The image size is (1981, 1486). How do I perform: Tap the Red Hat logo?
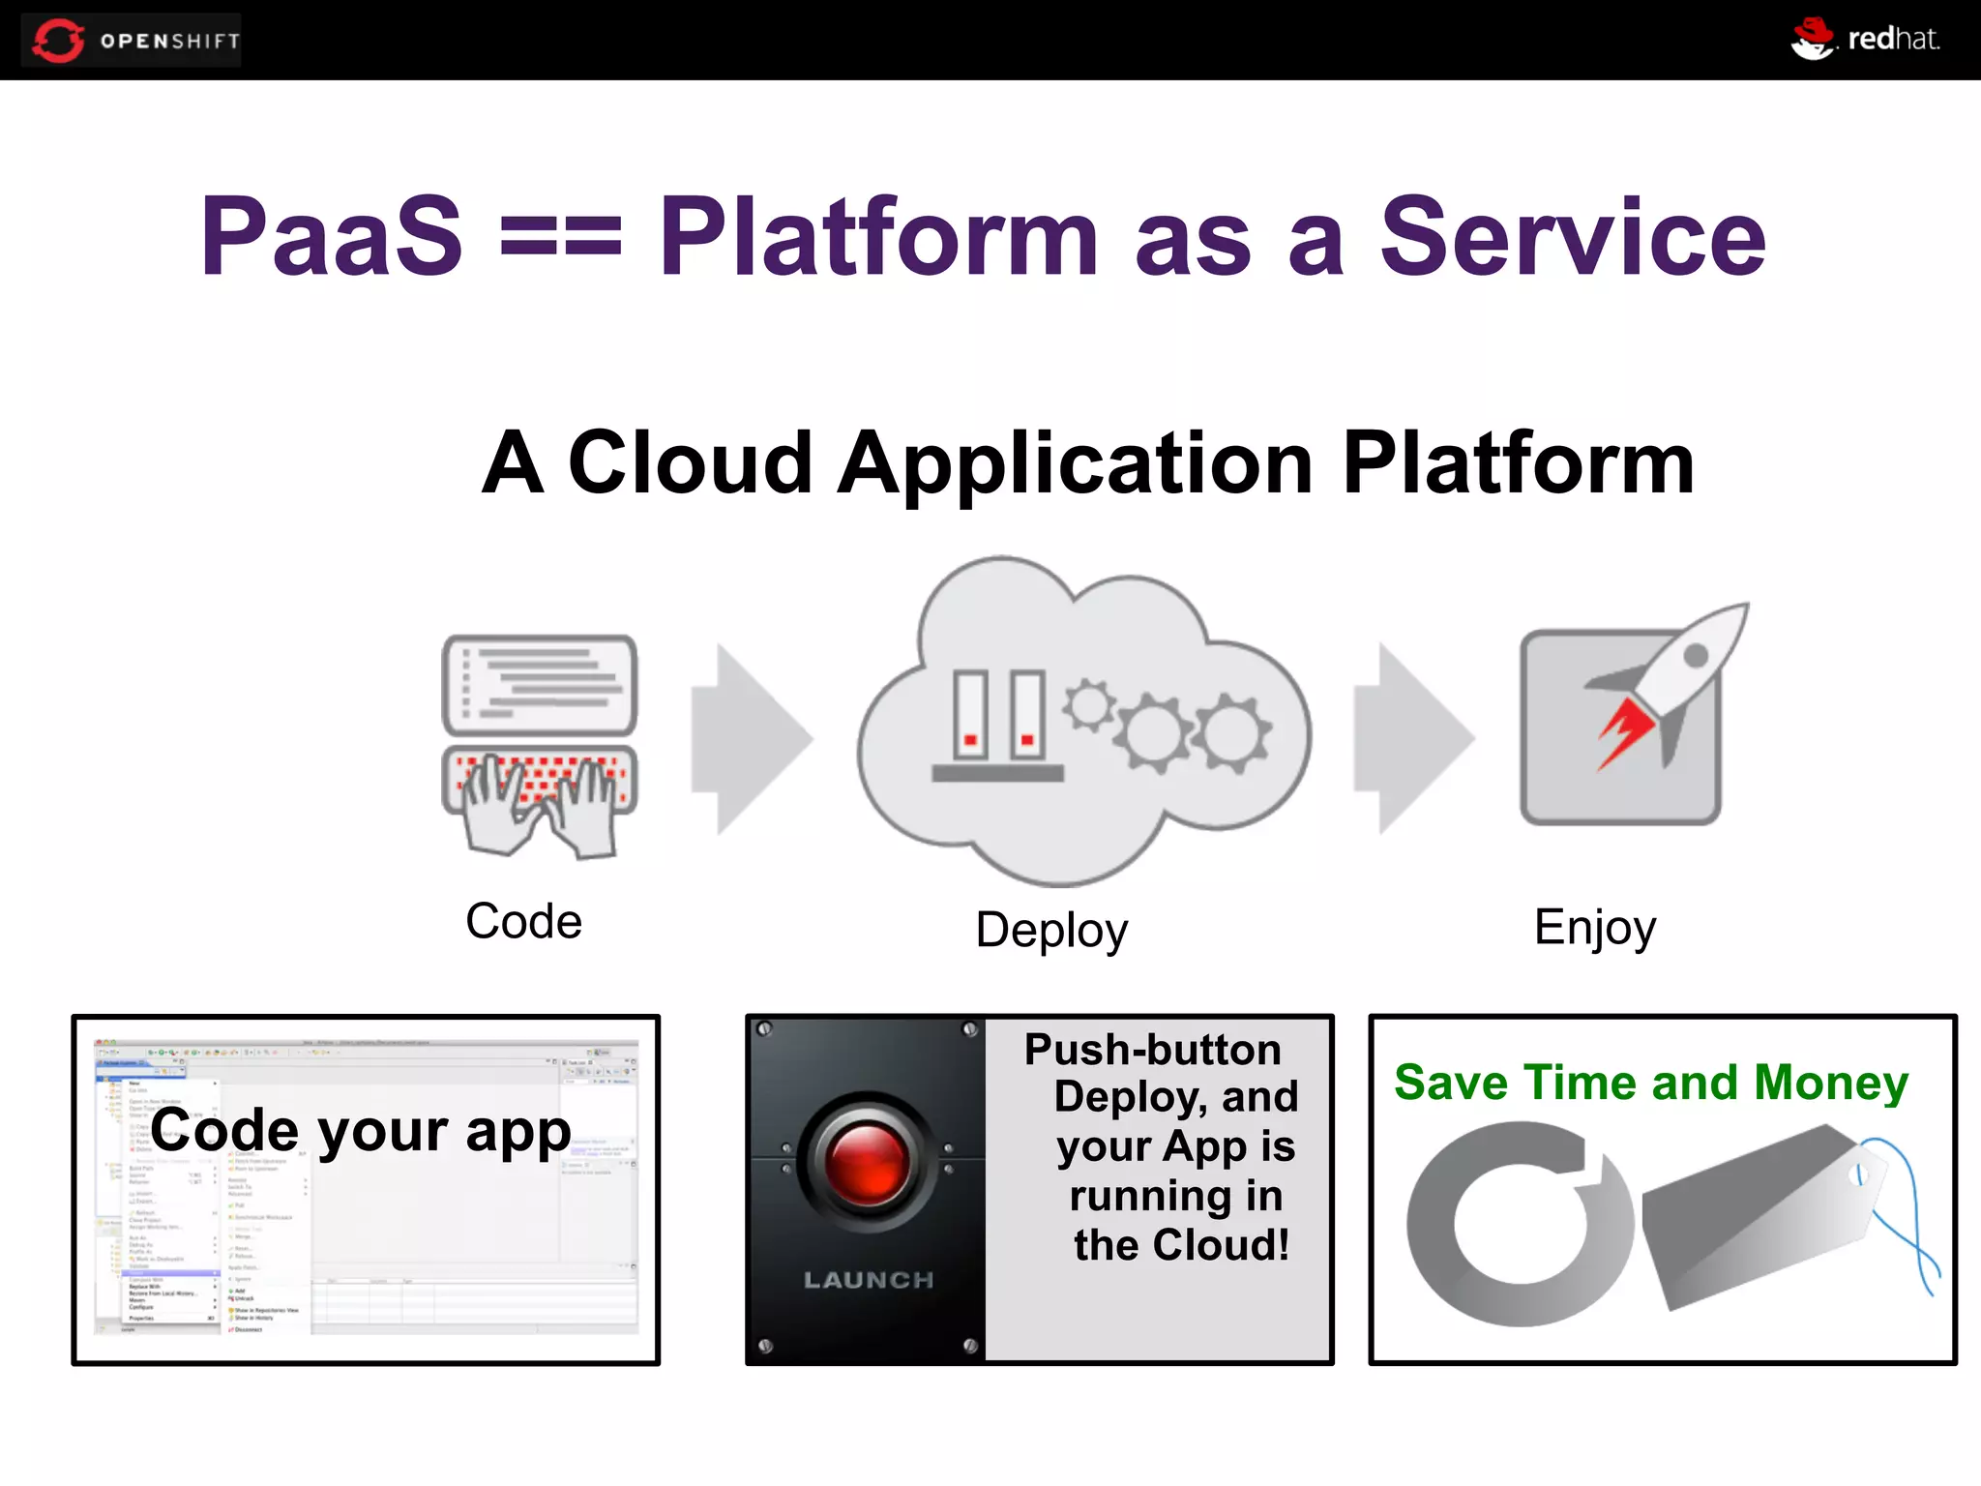click(1865, 40)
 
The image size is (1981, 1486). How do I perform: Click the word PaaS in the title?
click(331, 237)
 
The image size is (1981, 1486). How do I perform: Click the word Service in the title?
click(1572, 237)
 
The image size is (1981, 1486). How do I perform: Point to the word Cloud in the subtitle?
click(690, 463)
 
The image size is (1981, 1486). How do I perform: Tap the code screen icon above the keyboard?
click(540, 684)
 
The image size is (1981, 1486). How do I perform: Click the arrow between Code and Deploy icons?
click(752, 739)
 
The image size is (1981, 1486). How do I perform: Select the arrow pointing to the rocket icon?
click(1413, 739)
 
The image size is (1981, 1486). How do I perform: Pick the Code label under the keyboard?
click(523, 921)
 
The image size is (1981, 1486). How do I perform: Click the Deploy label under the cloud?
click(1051, 931)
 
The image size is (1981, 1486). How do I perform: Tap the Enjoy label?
click(1594, 928)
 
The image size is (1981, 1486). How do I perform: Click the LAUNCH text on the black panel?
click(868, 1280)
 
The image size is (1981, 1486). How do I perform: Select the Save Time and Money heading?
click(1650, 1083)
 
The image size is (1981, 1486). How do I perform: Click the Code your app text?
click(361, 1130)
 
